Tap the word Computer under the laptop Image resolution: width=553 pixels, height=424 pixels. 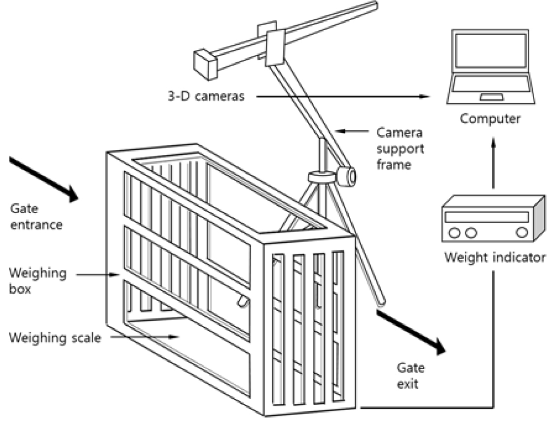click(490, 118)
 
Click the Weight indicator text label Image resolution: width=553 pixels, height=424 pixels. click(494, 257)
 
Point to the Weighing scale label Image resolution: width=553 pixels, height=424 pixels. click(54, 338)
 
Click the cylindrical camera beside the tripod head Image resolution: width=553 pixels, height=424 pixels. click(347, 175)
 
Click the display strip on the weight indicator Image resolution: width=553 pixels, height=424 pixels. click(486, 217)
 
